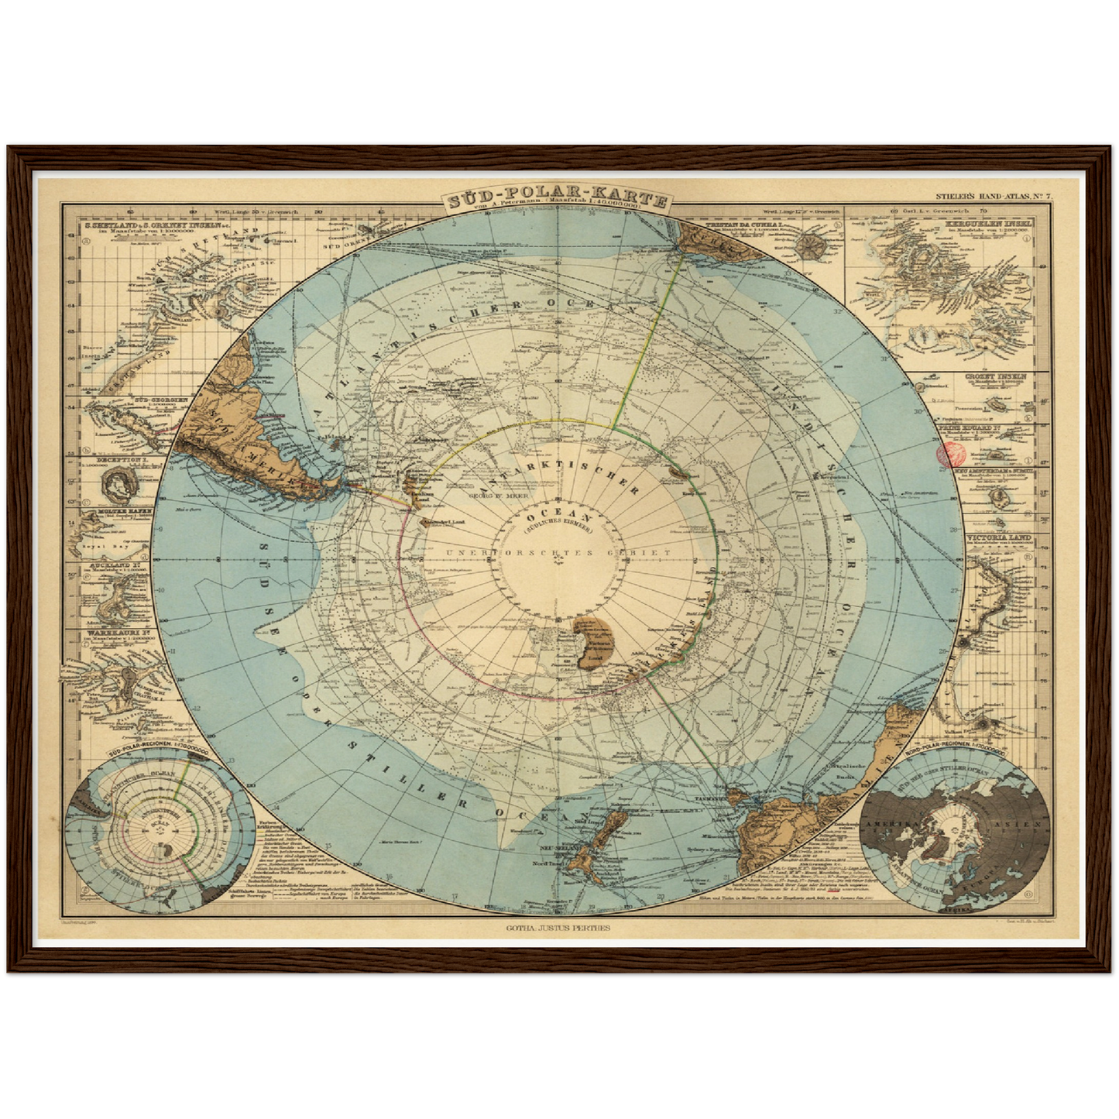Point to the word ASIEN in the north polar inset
click(1025, 824)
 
